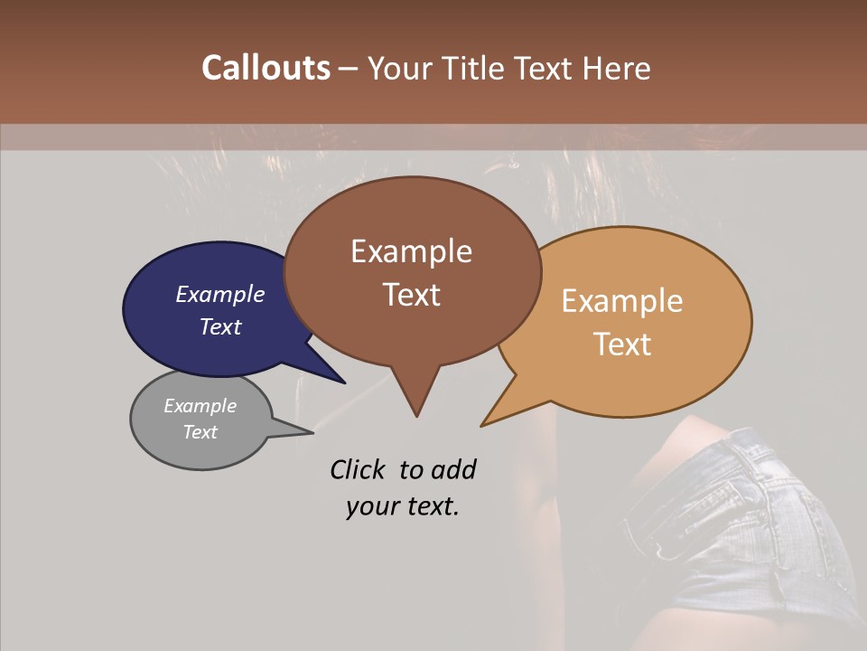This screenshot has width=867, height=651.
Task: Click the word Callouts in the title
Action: tap(266, 68)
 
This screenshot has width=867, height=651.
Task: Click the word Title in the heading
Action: tap(472, 68)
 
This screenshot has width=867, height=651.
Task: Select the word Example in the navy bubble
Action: tap(219, 294)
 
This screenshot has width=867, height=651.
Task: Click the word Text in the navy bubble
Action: tap(219, 326)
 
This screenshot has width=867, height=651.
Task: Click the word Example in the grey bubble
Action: tap(200, 406)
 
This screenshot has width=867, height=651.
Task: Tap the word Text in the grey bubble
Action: tap(200, 431)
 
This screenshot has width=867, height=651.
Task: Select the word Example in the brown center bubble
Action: tap(411, 251)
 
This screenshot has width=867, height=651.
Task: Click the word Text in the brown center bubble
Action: tap(411, 294)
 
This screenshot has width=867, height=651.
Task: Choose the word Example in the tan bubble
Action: tap(621, 301)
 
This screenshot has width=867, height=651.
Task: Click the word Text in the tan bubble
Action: tap(621, 344)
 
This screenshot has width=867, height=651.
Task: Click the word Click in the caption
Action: tap(359, 469)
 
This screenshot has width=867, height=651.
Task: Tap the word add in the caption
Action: tap(452, 469)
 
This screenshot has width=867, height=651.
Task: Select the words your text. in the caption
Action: tap(402, 506)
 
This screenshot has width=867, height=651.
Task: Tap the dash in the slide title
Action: tap(349, 69)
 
